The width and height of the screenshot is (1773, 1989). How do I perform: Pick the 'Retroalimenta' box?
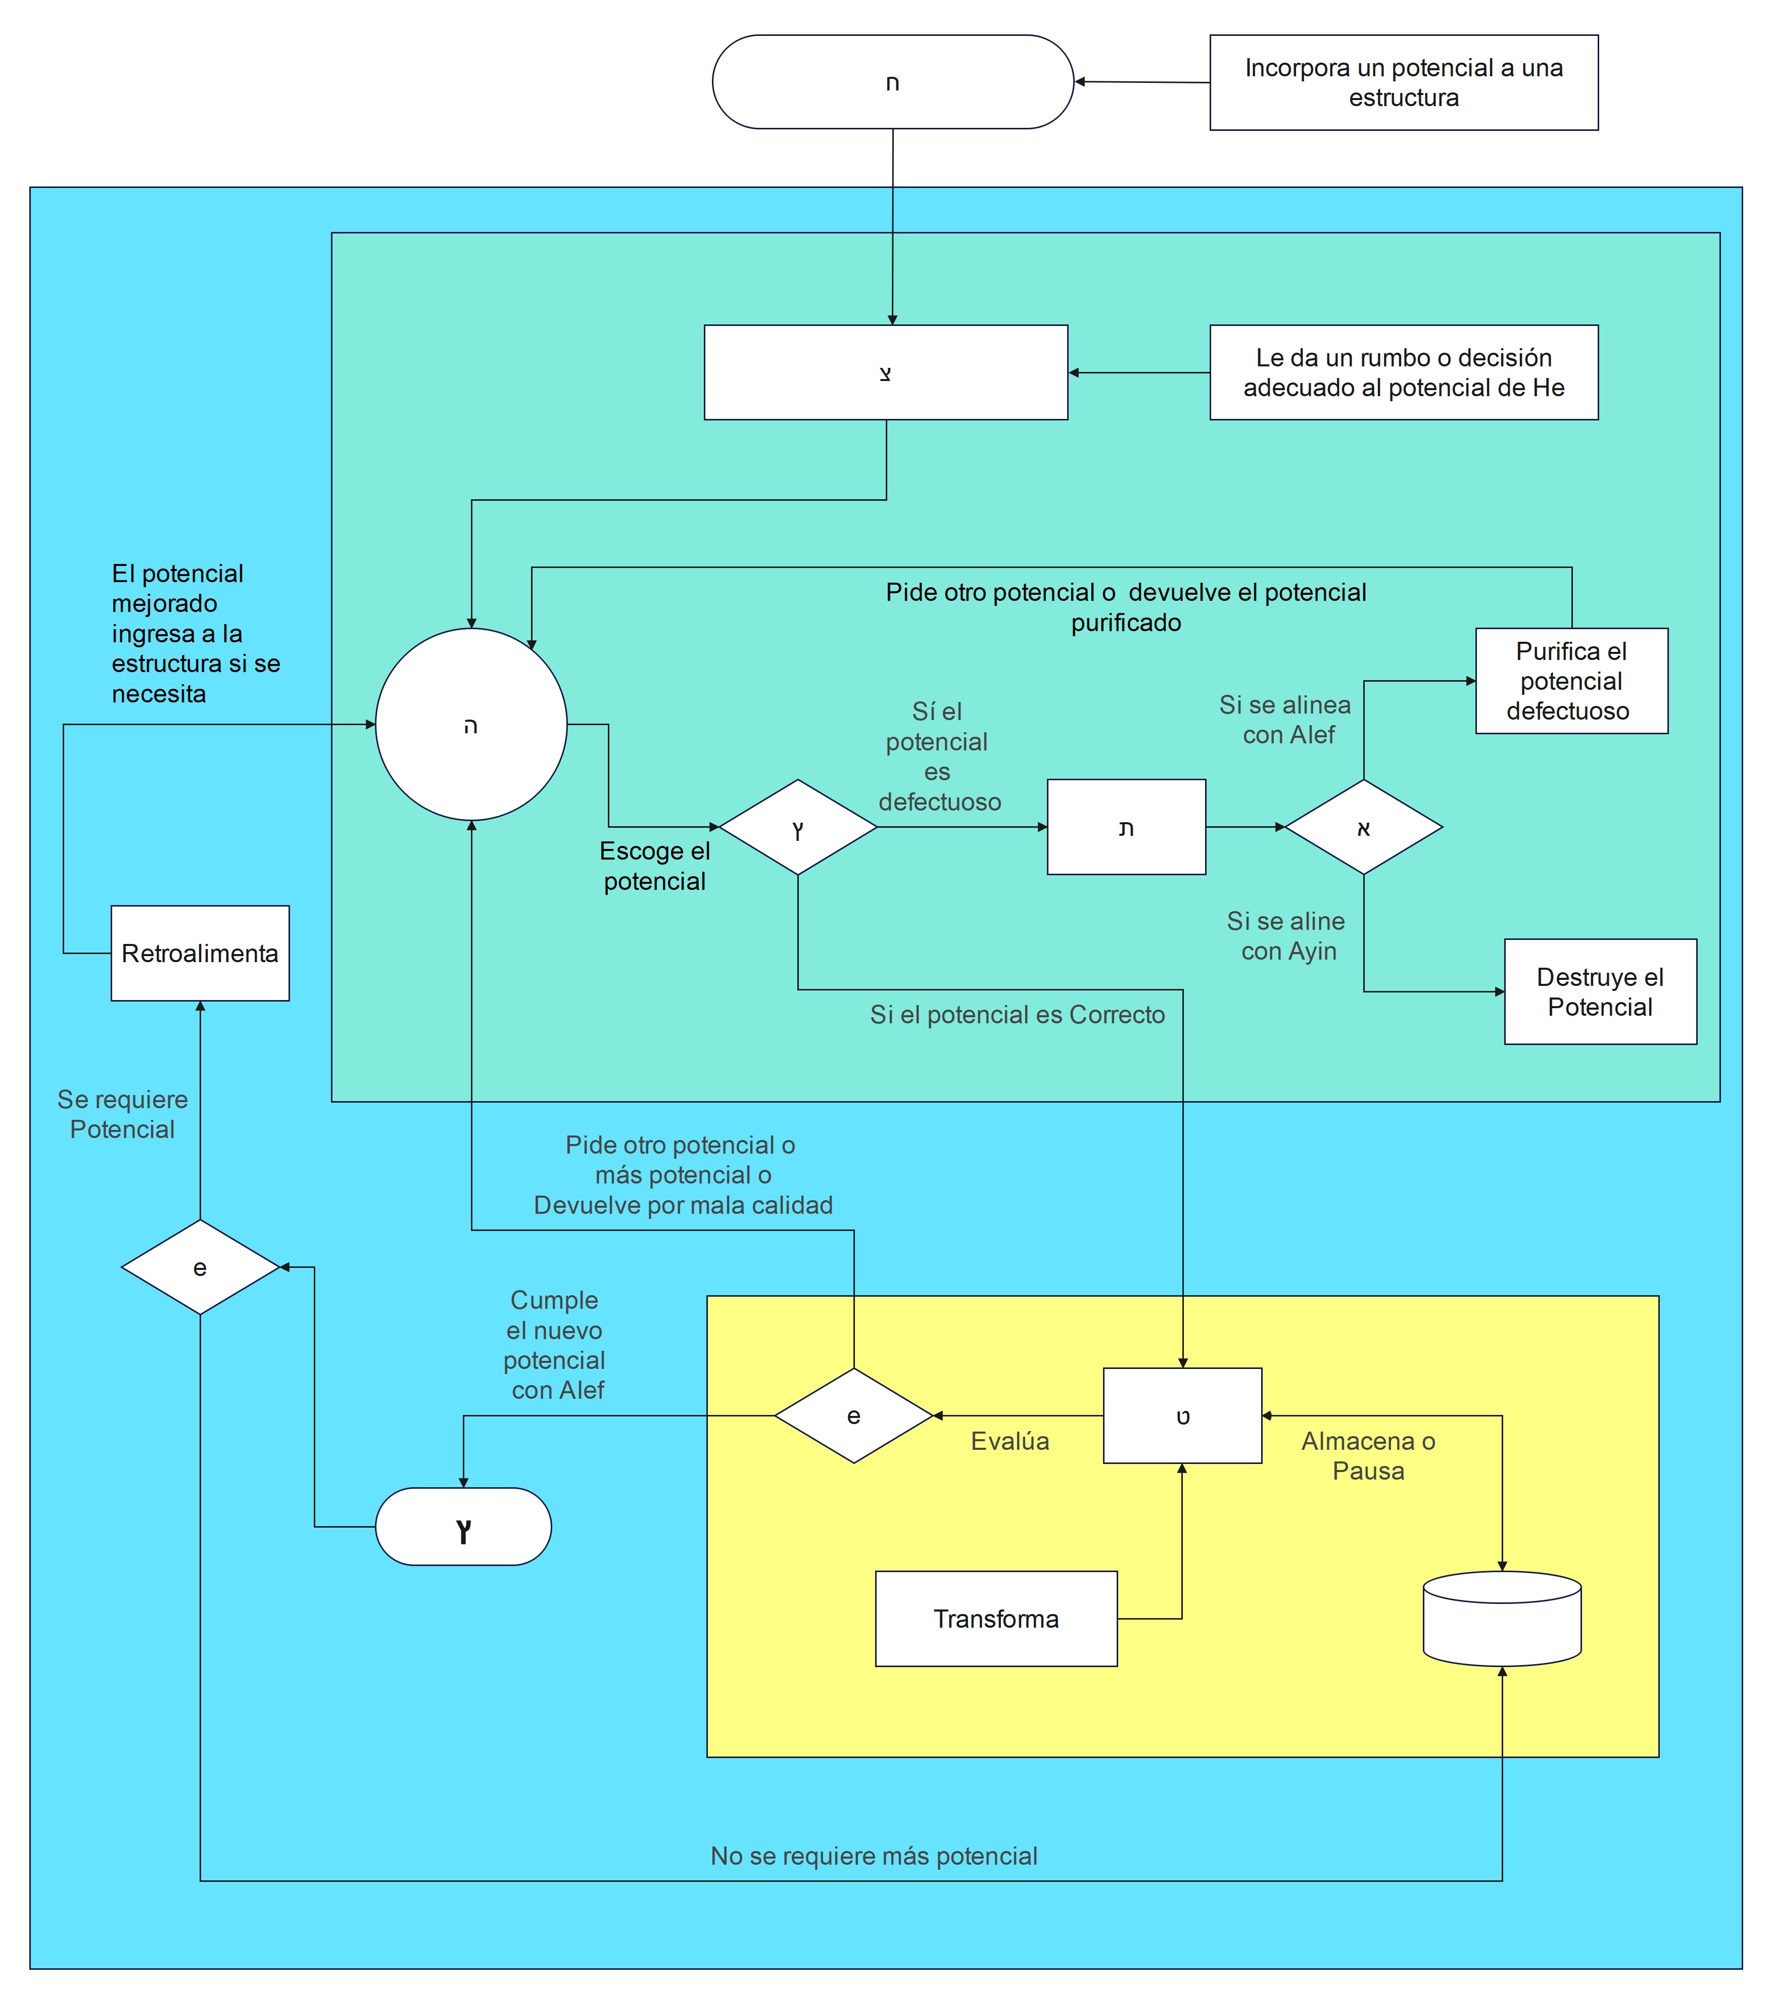click(x=200, y=953)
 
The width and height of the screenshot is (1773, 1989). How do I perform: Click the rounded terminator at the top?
click(x=892, y=82)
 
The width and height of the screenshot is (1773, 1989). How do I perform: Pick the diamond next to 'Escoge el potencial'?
click(x=798, y=827)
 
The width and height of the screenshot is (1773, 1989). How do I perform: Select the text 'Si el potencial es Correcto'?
click(x=1017, y=1014)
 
